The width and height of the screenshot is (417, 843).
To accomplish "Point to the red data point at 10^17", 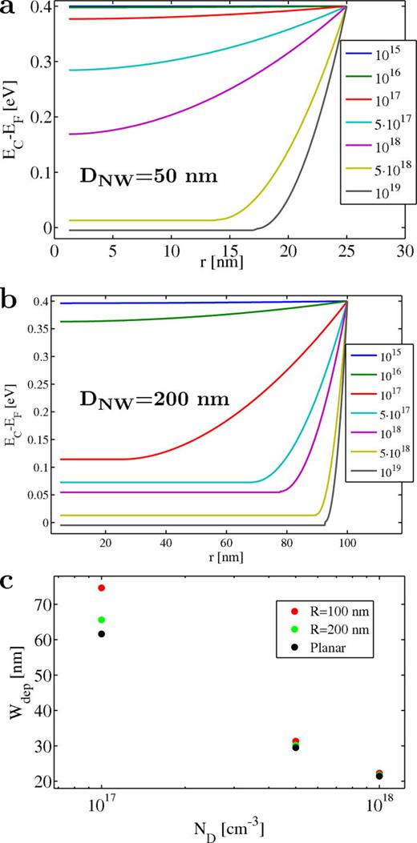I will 102,588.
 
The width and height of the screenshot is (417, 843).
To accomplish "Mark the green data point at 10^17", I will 102,620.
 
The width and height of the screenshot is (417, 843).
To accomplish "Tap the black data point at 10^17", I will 102,634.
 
